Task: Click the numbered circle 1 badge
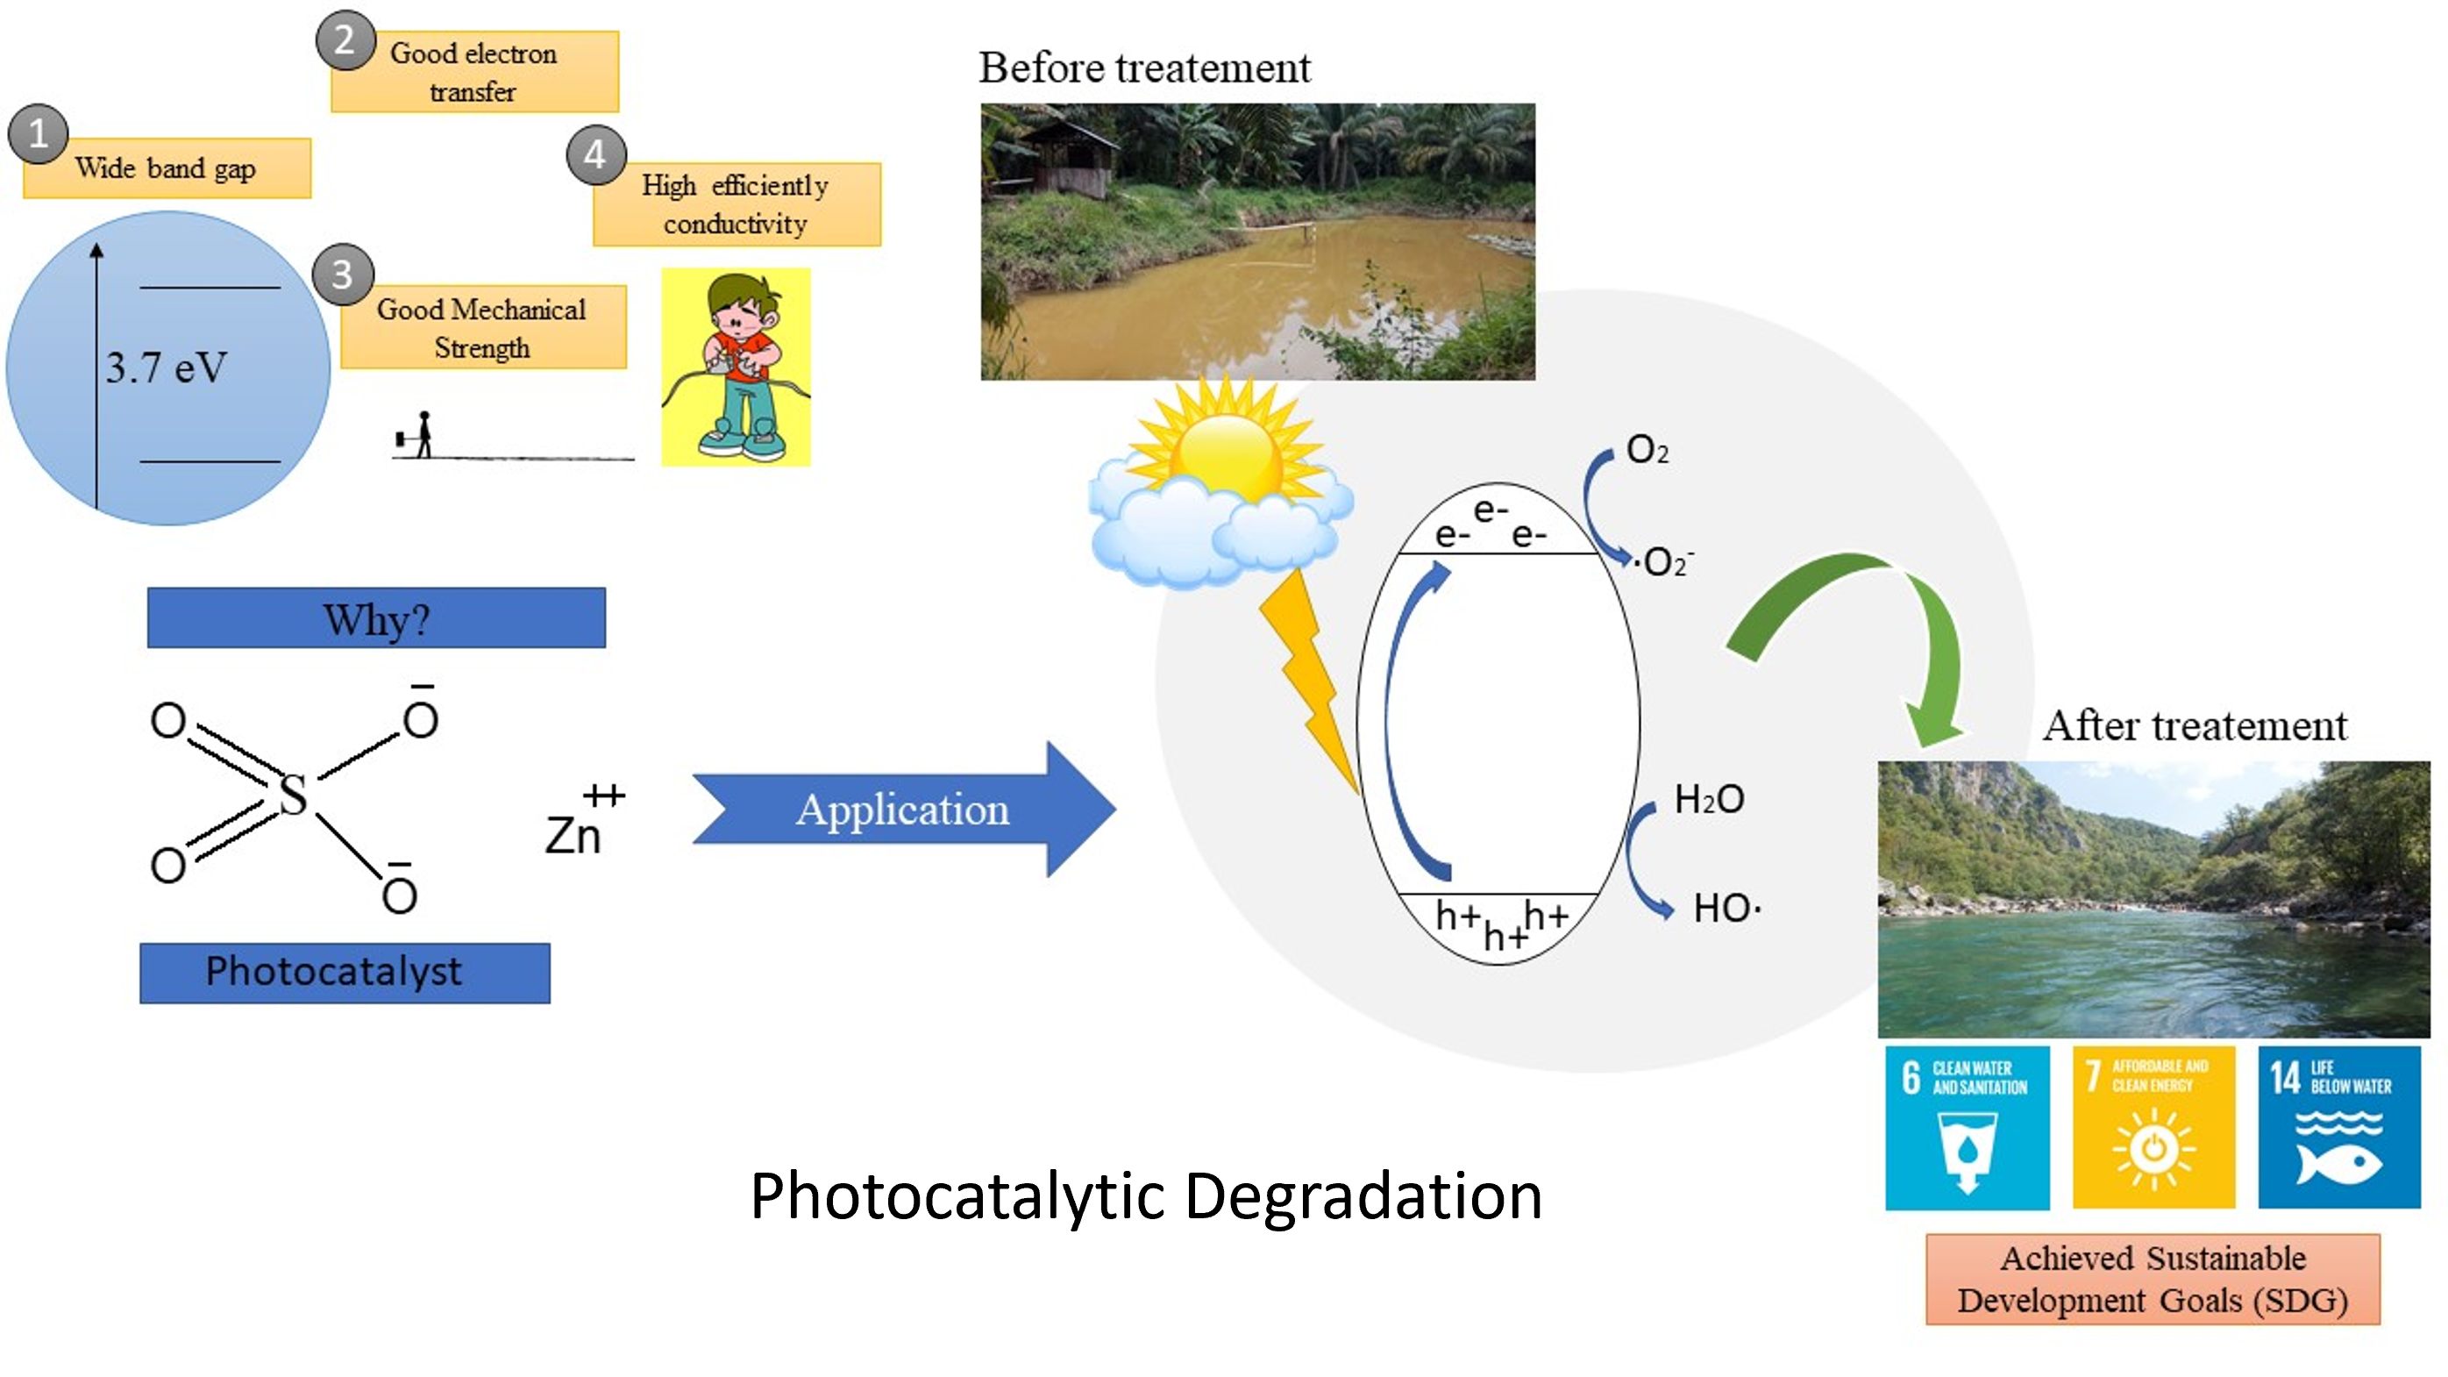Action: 38,134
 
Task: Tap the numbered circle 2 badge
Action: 345,41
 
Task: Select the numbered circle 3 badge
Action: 342,275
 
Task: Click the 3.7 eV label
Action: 167,367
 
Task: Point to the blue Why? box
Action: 376,618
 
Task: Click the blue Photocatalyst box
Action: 344,972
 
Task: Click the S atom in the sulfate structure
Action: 293,795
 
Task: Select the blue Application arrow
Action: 903,810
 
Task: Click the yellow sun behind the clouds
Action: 1226,452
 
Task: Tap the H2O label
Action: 1709,799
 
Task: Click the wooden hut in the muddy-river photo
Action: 1064,157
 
